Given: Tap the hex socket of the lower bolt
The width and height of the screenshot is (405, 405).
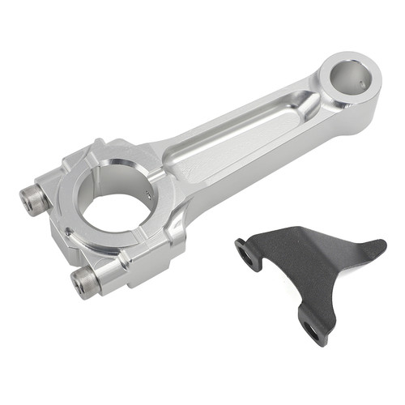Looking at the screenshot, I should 78,283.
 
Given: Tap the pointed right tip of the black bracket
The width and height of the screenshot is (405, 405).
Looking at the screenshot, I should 383,245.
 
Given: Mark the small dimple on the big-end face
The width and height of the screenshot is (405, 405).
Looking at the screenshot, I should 71,235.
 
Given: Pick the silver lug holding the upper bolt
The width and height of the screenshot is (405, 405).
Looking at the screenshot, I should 57,182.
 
